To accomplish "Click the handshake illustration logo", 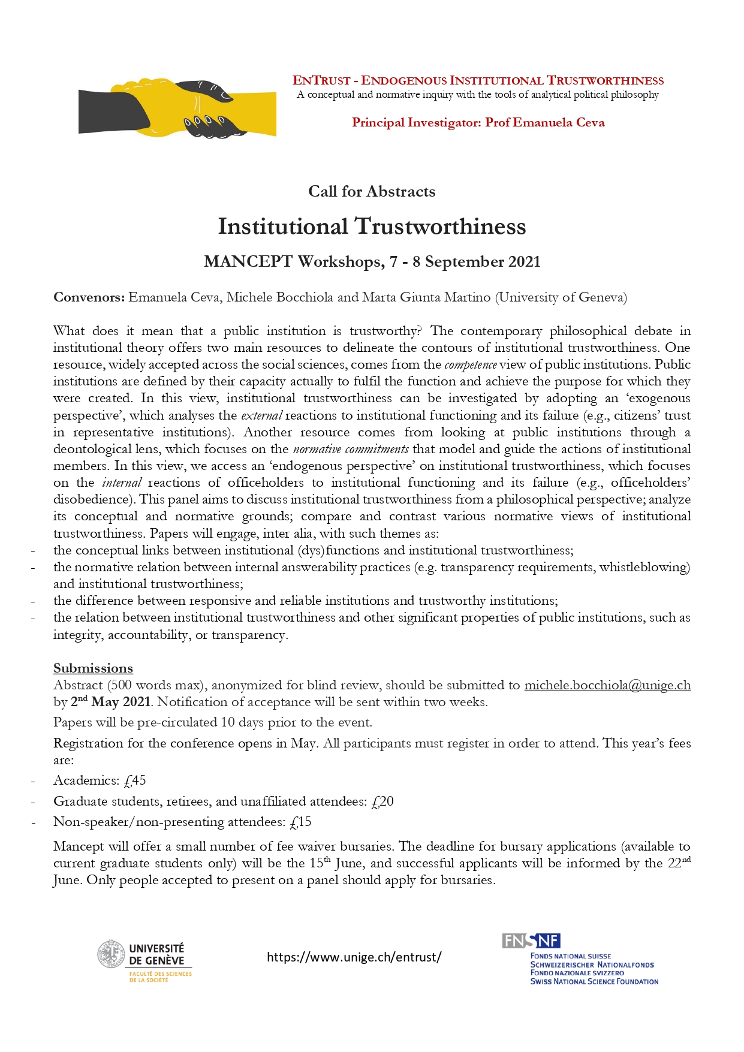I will click(x=177, y=108).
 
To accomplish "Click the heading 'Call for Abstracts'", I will click(x=372, y=191).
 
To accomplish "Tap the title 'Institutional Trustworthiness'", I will click(x=372, y=227).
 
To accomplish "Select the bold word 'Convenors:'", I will click(x=89, y=297).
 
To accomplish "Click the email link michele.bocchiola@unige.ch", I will click(x=607, y=685).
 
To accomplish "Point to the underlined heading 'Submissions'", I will click(x=93, y=668).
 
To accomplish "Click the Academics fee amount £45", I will click(x=135, y=780).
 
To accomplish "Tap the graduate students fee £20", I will click(x=382, y=801).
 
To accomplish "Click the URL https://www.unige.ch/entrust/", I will click(x=354, y=957).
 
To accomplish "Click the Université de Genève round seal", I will click(x=110, y=954).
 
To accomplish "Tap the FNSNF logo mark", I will click(x=531, y=941).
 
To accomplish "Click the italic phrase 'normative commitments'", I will click(x=351, y=449).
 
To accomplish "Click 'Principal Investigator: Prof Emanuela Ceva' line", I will click(x=478, y=123).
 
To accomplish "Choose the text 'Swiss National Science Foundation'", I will click(x=594, y=982).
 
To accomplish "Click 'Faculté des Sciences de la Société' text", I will click(x=160, y=976).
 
